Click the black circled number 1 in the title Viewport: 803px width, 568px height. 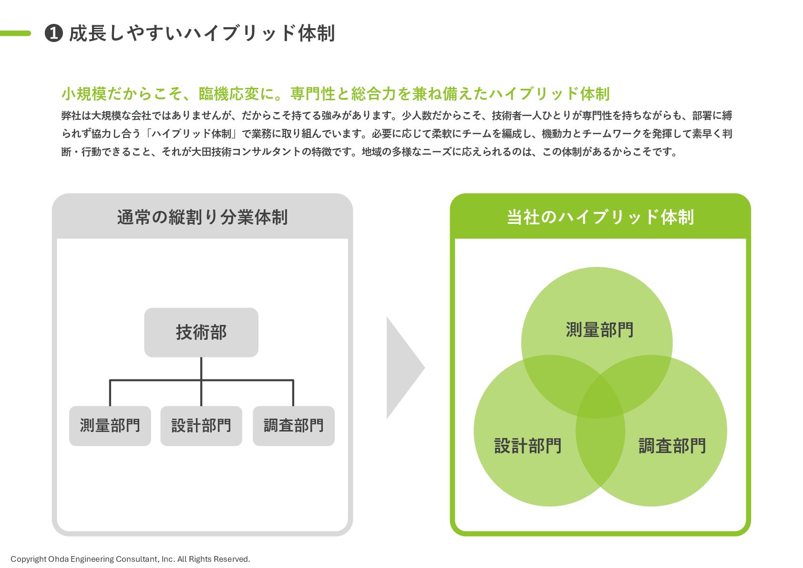pyautogui.click(x=54, y=33)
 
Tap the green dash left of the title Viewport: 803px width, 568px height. pyautogui.click(x=15, y=33)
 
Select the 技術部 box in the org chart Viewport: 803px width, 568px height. pyautogui.click(x=201, y=332)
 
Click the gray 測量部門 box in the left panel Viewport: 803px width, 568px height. pyautogui.click(x=110, y=426)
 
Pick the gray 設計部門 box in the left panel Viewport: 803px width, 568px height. pyautogui.click(x=201, y=426)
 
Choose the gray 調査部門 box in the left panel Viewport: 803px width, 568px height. pyautogui.click(x=294, y=426)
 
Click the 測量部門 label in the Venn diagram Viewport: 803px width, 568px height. pyautogui.click(x=599, y=330)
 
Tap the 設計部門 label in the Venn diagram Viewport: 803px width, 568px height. pyautogui.click(x=528, y=446)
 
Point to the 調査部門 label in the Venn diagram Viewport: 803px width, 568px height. pyautogui.click(x=672, y=446)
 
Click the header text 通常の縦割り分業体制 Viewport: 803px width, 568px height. pyautogui.click(x=202, y=217)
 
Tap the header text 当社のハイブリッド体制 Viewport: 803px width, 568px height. pyautogui.click(x=600, y=217)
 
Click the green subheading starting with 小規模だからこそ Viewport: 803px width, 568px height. pyautogui.click(x=335, y=94)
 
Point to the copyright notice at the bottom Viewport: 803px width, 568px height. pyautogui.click(x=130, y=559)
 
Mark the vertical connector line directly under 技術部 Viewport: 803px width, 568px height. pyautogui.click(x=201, y=368)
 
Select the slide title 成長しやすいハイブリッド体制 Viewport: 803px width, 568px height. pyautogui.click(x=202, y=33)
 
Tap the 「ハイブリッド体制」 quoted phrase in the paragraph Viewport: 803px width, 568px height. pyautogui.click(x=191, y=134)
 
